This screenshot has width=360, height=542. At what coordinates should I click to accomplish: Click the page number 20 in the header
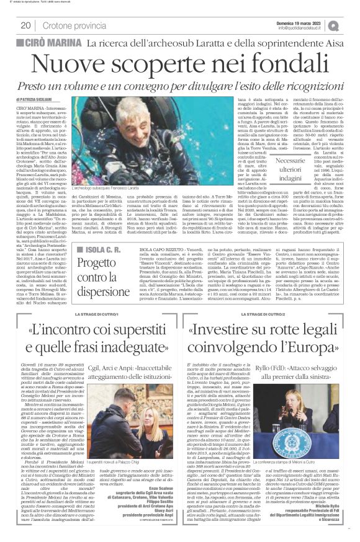[x=25, y=25]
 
